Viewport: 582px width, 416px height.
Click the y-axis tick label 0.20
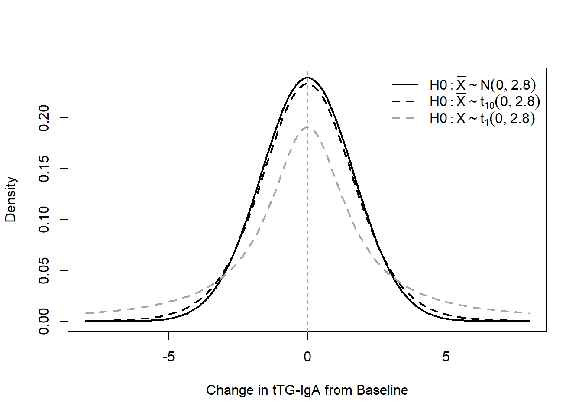coord(43,118)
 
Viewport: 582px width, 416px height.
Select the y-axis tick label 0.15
coord(43,169)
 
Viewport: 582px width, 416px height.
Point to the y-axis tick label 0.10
coord(43,219)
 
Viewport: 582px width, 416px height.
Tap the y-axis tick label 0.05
coord(43,270)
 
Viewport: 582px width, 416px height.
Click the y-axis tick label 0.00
coord(43,321)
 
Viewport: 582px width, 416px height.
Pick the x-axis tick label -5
coord(168,357)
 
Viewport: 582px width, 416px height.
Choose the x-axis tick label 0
coord(307,357)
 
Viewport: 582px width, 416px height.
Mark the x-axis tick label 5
coord(446,357)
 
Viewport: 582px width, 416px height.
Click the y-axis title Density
coord(11,199)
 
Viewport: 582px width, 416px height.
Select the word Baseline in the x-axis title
coord(382,390)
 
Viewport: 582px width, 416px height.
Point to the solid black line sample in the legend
coord(405,84)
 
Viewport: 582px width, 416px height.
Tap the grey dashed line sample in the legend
coord(403,118)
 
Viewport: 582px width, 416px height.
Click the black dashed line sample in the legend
coord(403,101)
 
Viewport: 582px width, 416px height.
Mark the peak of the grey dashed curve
coord(307,127)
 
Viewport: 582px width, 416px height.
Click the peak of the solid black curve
coord(307,77)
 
